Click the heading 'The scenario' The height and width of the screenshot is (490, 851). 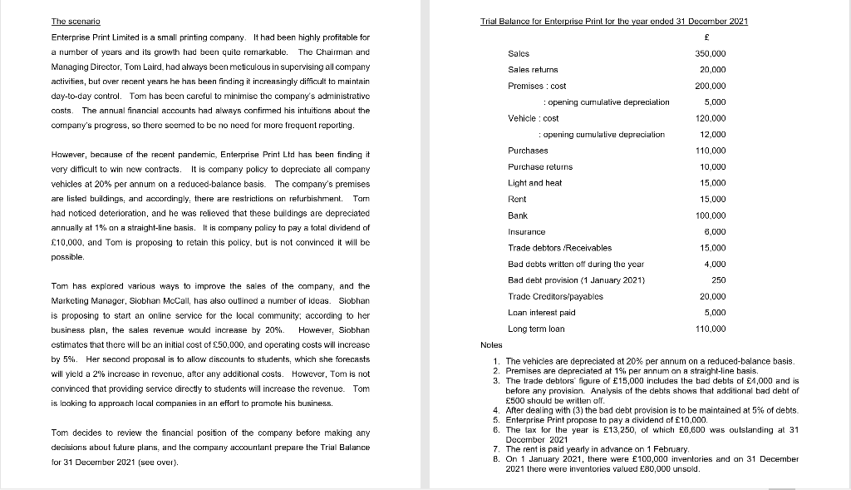[71, 21]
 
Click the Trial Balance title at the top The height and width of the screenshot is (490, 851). [614, 21]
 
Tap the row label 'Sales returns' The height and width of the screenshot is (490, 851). [533, 70]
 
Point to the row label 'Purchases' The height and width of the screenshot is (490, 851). [528, 151]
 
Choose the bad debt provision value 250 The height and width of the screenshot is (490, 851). [720, 280]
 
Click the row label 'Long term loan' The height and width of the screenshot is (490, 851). [536, 329]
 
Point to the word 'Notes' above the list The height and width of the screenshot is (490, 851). [492, 344]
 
